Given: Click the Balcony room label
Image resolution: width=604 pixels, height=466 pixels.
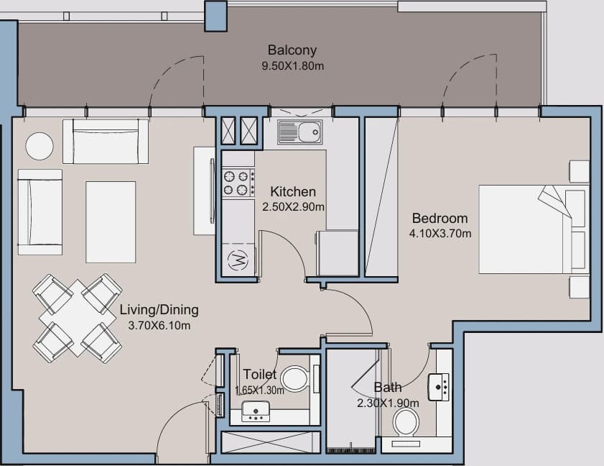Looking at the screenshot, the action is click(292, 50).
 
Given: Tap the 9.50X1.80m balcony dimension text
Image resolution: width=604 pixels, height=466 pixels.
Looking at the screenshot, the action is click(293, 66).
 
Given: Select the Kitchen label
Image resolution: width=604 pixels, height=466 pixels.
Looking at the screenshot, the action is click(293, 192).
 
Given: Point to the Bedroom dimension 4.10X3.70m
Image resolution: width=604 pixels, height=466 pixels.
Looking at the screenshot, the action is click(440, 234).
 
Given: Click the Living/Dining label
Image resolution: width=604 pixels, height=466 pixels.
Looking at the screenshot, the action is click(159, 310).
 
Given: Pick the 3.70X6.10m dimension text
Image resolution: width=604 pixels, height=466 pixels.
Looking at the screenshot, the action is click(159, 326).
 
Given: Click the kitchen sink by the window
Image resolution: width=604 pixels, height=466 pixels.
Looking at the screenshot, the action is click(299, 132).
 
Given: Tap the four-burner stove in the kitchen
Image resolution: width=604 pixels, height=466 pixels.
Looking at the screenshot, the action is click(238, 183).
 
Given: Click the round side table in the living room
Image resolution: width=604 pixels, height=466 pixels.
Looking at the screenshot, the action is click(40, 146).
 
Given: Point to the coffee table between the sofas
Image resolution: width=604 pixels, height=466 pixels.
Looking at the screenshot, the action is click(111, 221).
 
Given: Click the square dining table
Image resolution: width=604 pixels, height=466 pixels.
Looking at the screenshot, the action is click(77, 318).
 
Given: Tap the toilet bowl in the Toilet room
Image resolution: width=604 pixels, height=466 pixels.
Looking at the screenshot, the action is click(295, 378).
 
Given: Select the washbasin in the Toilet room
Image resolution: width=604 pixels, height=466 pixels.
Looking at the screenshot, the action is click(256, 411).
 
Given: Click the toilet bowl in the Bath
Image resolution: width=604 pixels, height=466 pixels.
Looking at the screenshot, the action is click(406, 422).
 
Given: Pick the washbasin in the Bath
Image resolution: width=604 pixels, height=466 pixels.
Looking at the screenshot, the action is click(439, 386).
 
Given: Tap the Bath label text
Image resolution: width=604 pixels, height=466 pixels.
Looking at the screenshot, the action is click(388, 388).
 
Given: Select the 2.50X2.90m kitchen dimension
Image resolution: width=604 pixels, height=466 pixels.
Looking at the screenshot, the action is click(293, 207).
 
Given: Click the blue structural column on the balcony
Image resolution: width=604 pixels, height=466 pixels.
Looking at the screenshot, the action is click(215, 17).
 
